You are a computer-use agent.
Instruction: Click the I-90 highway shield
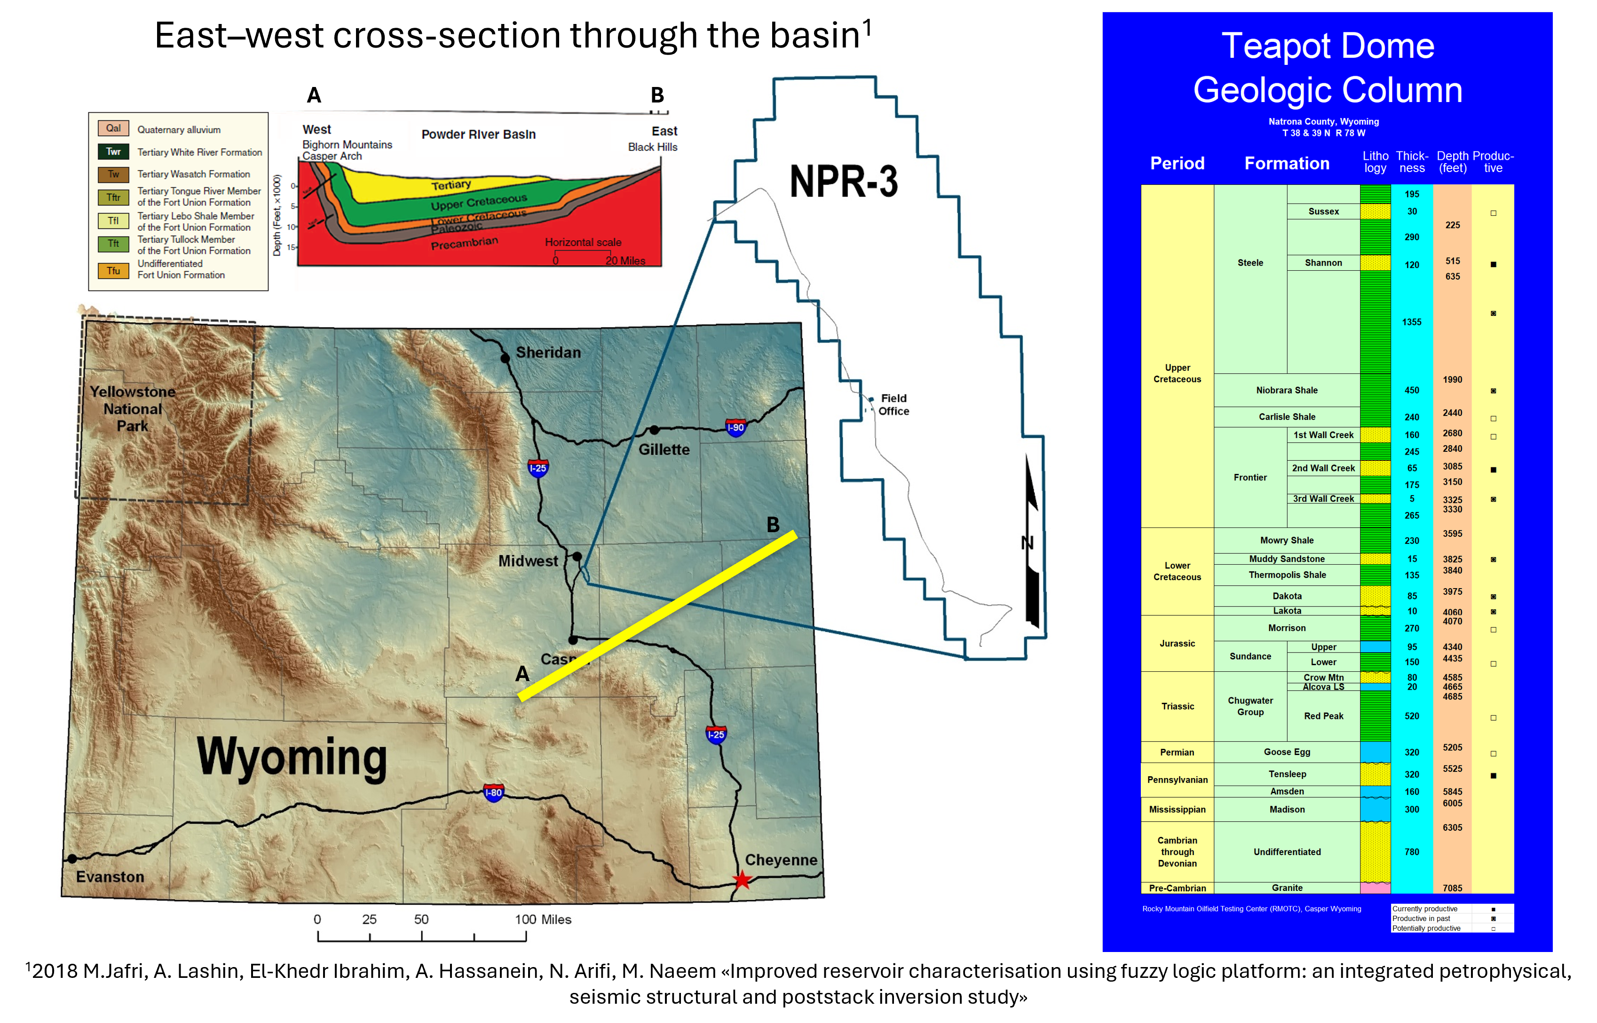(x=735, y=427)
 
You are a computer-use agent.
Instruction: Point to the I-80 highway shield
(x=494, y=793)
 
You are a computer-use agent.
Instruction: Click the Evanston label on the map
(x=110, y=877)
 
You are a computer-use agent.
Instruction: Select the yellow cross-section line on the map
(x=658, y=614)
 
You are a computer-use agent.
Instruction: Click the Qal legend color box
(x=114, y=128)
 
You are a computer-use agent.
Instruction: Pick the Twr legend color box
(x=114, y=151)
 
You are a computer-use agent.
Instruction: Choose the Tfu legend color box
(x=114, y=271)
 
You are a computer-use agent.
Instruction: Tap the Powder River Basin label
(x=478, y=134)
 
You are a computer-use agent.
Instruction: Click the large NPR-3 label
(x=843, y=181)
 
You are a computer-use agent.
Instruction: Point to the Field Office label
(x=893, y=405)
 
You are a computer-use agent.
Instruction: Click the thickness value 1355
(x=1412, y=322)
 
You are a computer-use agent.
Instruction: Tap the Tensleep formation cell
(x=1287, y=774)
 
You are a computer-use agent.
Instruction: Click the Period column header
(x=1177, y=164)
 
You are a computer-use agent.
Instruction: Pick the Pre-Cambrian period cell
(x=1177, y=888)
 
